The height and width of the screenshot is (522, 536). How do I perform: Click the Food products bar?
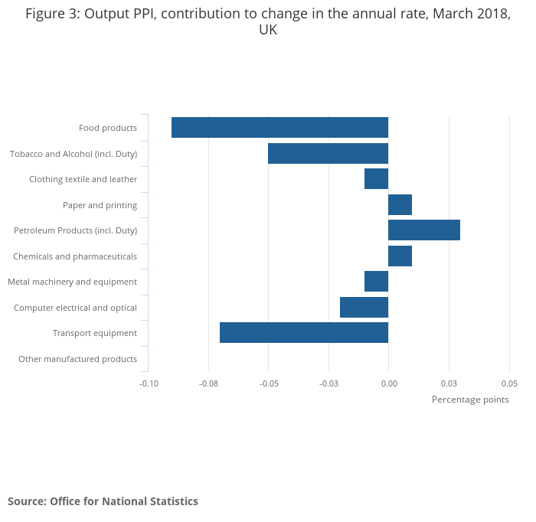pyautogui.click(x=279, y=128)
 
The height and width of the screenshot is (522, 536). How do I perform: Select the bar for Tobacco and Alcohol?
pyautogui.click(x=328, y=154)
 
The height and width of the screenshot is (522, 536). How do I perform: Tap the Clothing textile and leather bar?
pyautogui.click(x=376, y=179)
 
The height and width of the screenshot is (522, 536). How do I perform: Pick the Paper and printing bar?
pyautogui.click(x=400, y=205)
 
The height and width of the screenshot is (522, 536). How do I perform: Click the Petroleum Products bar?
pyautogui.click(x=424, y=230)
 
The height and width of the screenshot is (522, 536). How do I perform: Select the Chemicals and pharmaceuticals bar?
pyautogui.click(x=400, y=256)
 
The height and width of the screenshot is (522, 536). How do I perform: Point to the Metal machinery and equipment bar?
pyautogui.click(x=376, y=282)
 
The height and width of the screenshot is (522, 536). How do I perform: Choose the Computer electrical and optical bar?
pyautogui.click(x=364, y=308)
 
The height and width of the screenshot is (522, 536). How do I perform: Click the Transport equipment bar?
pyautogui.click(x=304, y=333)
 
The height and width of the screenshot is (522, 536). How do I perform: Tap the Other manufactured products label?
pyautogui.click(x=77, y=359)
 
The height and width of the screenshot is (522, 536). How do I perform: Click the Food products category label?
pyautogui.click(x=108, y=128)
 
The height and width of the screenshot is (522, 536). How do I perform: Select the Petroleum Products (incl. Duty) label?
pyautogui.click(x=75, y=230)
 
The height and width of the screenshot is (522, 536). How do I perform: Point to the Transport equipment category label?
pyautogui.click(x=95, y=333)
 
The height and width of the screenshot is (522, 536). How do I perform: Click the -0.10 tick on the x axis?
pyautogui.click(x=149, y=383)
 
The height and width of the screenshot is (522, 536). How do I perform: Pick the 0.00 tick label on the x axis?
pyautogui.click(x=389, y=383)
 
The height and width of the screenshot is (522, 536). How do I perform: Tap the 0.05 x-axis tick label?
pyautogui.click(x=509, y=383)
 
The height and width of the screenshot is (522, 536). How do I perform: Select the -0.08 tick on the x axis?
pyautogui.click(x=208, y=383)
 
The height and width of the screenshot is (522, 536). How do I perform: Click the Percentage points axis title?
pyautogui.click(x=470, y=400)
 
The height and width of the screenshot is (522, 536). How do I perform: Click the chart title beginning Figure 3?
pyautogui.click(x=268, y=21)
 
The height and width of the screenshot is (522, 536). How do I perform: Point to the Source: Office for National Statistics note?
pyautogui.click(x=103, y=501)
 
